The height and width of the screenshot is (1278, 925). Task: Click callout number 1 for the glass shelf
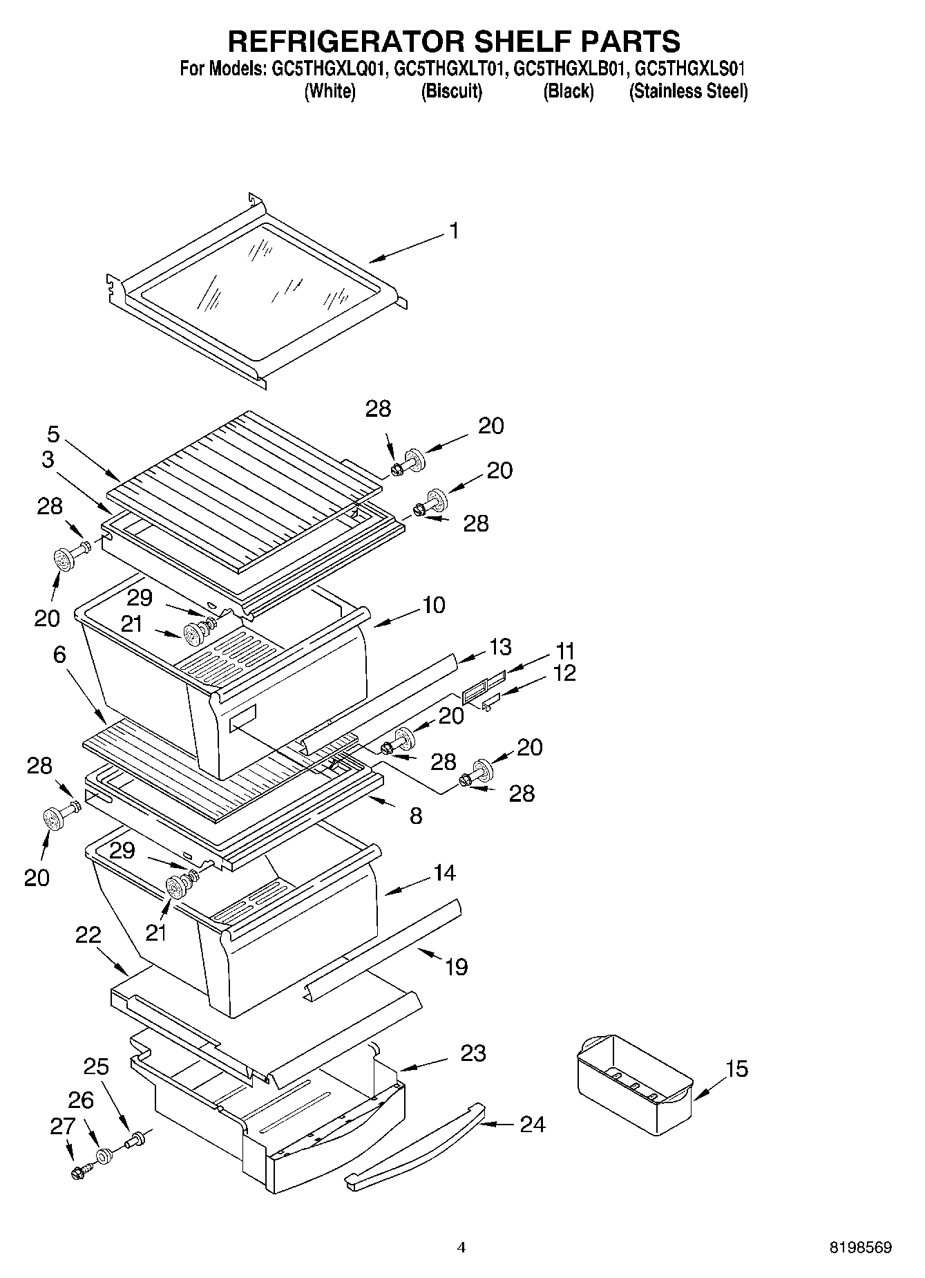[454, 231]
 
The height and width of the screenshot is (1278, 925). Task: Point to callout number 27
[61, 1126]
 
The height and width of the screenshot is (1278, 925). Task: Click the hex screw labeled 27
[77, 1172]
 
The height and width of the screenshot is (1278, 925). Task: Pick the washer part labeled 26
[104, 1155]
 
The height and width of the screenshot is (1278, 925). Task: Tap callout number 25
[96, 1066]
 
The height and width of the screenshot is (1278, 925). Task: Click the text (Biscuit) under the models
[451, 91]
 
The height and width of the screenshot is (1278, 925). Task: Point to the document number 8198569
[860, 1248]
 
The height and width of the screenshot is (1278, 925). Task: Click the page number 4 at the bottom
[461, 1248]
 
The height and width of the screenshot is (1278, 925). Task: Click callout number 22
[88, 935]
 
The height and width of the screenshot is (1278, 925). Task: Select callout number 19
[456, 966]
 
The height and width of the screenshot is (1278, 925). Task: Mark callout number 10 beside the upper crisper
[433, 605]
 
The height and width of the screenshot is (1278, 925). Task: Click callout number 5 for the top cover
[53, 434]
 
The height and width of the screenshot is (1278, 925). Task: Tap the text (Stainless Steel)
[688, 91]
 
